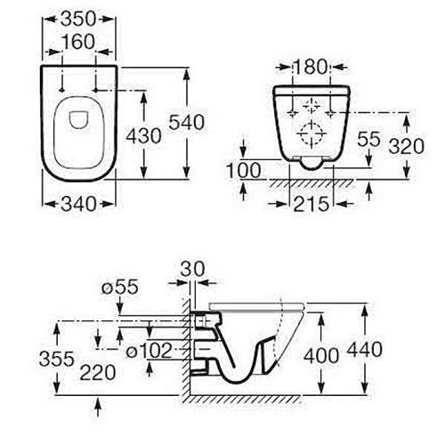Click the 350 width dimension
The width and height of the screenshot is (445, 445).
point(78,19)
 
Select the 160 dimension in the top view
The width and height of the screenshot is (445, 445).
point(78,42)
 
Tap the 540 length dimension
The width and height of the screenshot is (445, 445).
point(187,122)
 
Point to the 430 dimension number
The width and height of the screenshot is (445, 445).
point(143,136)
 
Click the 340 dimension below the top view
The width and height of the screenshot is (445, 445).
point(78,204)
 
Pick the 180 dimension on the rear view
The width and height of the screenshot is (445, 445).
point(311,67)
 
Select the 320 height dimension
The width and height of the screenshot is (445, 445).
point(407,146)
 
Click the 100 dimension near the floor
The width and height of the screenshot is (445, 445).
point(243,171)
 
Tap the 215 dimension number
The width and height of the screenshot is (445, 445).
point(311,204)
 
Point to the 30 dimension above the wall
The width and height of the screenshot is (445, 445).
point(192,269)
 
